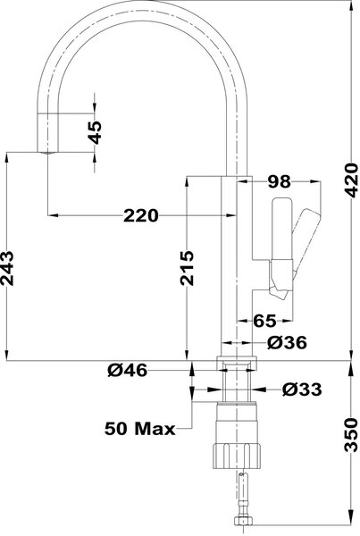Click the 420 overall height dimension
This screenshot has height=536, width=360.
(351, 180)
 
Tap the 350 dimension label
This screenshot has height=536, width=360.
(351, 435)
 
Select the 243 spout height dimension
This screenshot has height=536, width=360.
(7, 268)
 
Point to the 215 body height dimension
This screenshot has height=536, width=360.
(187, 268)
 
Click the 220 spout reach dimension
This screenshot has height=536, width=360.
(141, 215)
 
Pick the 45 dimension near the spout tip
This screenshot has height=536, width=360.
(95, 132)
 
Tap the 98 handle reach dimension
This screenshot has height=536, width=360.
(279, 182)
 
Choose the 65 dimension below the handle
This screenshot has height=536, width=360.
(264, 321)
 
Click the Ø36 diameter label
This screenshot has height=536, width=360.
(287, 342)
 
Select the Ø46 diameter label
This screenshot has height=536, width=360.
(128, 370)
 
